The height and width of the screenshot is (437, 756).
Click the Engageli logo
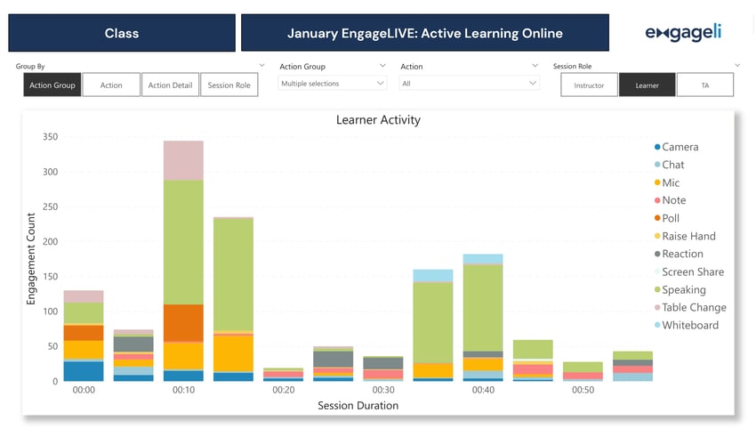point(682,33)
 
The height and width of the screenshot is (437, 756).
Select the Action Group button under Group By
point(52,85)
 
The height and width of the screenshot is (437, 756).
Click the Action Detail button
point(170,85)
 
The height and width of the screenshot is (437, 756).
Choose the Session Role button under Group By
point(229,85)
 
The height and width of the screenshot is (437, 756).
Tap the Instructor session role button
point(589,85)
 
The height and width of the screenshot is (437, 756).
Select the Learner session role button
point(647,85)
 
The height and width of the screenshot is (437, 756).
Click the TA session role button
point(704,85)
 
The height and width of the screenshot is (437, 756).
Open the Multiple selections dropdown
point(333,83)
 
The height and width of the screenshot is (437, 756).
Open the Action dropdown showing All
point(470,83)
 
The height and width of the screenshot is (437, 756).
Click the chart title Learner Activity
point(377,120)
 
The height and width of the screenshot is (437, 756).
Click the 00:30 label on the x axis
point(383,391)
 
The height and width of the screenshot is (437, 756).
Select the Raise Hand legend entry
point(688,236)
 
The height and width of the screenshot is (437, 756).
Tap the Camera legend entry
point(680,147)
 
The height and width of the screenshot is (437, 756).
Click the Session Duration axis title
point(358,406)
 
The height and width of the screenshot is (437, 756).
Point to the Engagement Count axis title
point(30,259)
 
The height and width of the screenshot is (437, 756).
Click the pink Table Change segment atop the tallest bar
point(183,160)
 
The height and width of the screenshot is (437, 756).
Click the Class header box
point(122,33)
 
